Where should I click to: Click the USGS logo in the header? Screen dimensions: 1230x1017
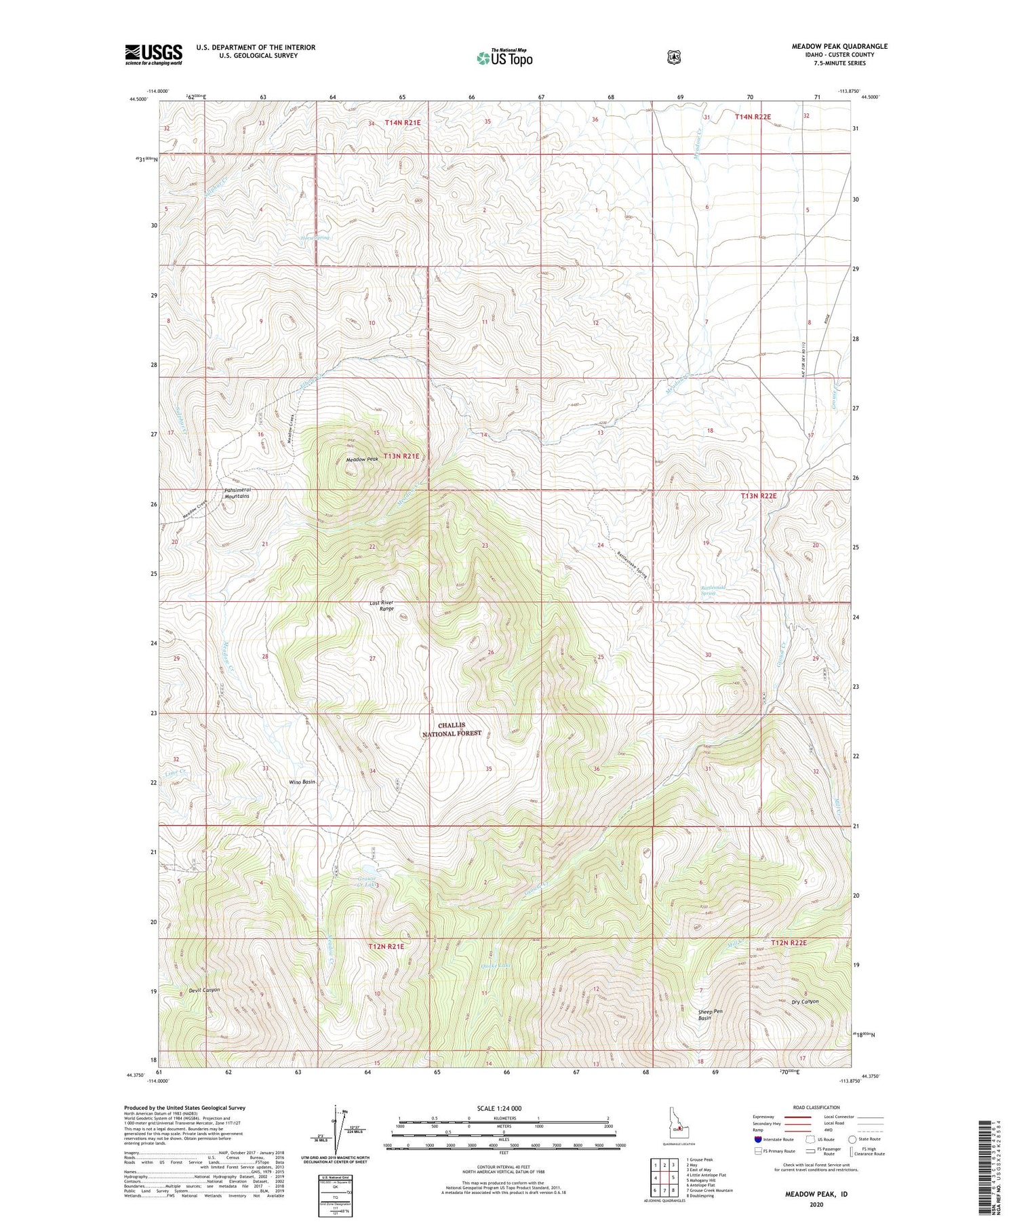pyautogui.click(x=153, y=54)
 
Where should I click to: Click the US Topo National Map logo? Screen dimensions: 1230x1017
pyautogui.click(x=504, y=57)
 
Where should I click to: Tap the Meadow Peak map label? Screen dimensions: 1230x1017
pyautogui.click(x=362, y=459)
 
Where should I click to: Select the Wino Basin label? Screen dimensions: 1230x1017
pyautogui.click(x=302, y=782)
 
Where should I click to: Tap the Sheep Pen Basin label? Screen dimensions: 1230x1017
pyautogui.click(x=710, y=1015)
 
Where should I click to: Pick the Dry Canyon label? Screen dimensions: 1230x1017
pyautogui.click(x=805, y=1001)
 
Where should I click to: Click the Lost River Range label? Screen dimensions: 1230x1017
pyautogui.click(x=382, y=606)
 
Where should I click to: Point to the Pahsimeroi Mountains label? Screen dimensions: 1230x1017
pyautogui.click(x=237, y=493)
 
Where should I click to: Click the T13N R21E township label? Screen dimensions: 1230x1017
pyautogui.click(x=401, y=457)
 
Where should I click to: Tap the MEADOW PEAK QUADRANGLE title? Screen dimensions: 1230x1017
pyautogui.click(x=839, y=46)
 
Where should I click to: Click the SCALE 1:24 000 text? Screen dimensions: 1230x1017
pyautogui.click(x=499, y=1108)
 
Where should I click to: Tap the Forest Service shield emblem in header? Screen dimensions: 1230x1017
pyautogui.click(x=673, y=58)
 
